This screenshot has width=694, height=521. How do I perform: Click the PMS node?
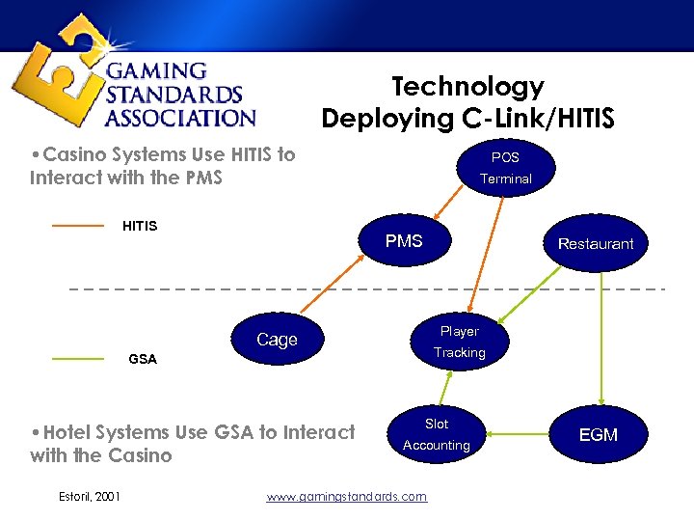(404, 241)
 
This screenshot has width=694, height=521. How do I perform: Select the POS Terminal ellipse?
(505, 167)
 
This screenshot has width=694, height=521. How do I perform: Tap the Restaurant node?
(595, 244)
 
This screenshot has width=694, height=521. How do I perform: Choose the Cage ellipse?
(278, 340)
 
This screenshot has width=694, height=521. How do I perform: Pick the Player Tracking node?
(459, 342)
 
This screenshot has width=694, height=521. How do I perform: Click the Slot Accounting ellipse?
(437, 434)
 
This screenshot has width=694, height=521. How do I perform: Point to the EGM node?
(598, 435)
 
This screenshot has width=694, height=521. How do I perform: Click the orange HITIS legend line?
(77, 226)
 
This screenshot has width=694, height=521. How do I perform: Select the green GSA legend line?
(77, 359)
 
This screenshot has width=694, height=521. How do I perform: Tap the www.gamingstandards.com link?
(346, 496)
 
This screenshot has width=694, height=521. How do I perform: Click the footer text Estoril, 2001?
(90, 496)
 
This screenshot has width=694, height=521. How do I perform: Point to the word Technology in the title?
(467, 87)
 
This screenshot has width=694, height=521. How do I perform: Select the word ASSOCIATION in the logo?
(180, 119)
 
